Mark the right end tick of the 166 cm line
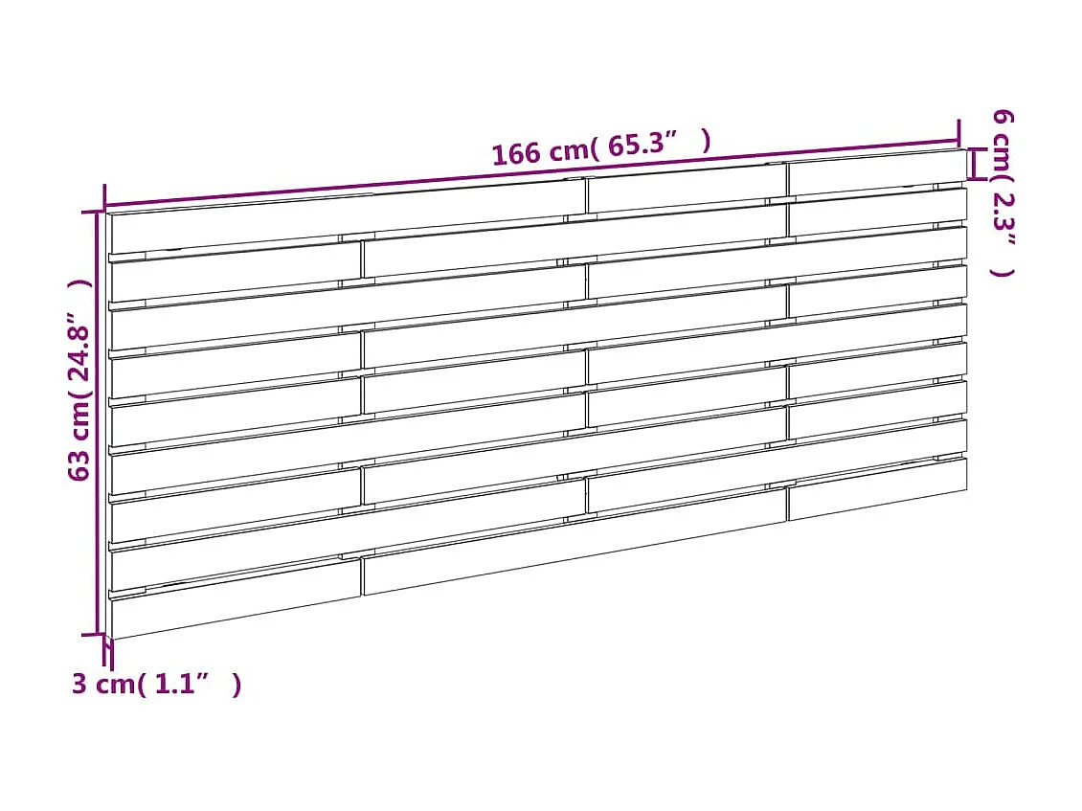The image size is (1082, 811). pyautogui.click(x=958, y=132)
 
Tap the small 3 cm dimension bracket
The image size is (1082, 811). pyautogui.click(x=108, y=654)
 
